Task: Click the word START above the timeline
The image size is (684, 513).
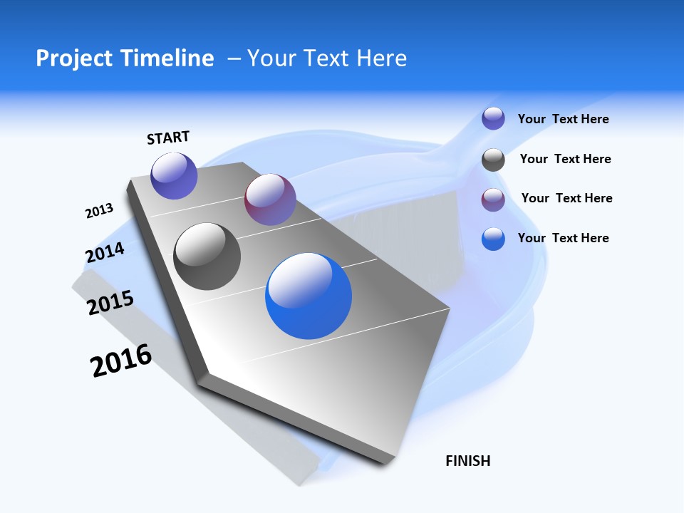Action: click(168, 138)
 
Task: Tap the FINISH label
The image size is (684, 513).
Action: click(468, 461)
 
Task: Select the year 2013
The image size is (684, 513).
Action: click(99, 211)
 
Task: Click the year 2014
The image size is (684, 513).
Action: click(105, 252)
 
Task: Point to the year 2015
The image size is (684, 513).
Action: click(110, 303)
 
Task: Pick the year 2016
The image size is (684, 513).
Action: click(121, 361)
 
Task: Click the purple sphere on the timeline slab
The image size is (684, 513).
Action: click(174, 175)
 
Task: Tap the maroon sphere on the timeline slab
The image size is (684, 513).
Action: click(270, 199)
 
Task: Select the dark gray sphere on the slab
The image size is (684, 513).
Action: click(207, 256)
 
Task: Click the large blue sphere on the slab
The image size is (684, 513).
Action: click(309, 296)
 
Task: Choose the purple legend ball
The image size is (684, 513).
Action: click(493, 118)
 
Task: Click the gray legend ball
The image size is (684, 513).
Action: click(493, 160)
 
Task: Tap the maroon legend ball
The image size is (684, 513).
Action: click(493, 199)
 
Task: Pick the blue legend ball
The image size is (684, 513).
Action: click(493, 239)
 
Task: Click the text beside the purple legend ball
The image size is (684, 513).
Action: click(563, 120)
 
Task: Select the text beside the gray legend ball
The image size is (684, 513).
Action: click(565, 159)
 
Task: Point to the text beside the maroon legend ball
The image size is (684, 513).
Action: click(566, 198)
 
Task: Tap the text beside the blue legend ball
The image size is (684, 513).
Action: click(563, 238)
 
